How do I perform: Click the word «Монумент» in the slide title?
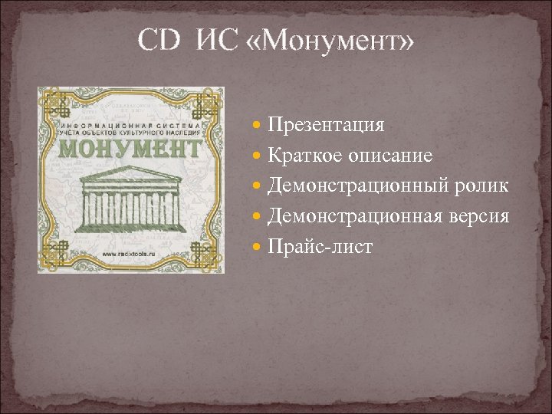tap(331, 40)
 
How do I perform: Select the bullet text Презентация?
tap(326, 124)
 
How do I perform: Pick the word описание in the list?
tap(391, 156)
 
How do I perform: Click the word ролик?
tap(484, 186)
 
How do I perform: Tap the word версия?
tap(481, 217)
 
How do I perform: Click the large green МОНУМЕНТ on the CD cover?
tap(130, 147)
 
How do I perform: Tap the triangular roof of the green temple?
tap(131, 173)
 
